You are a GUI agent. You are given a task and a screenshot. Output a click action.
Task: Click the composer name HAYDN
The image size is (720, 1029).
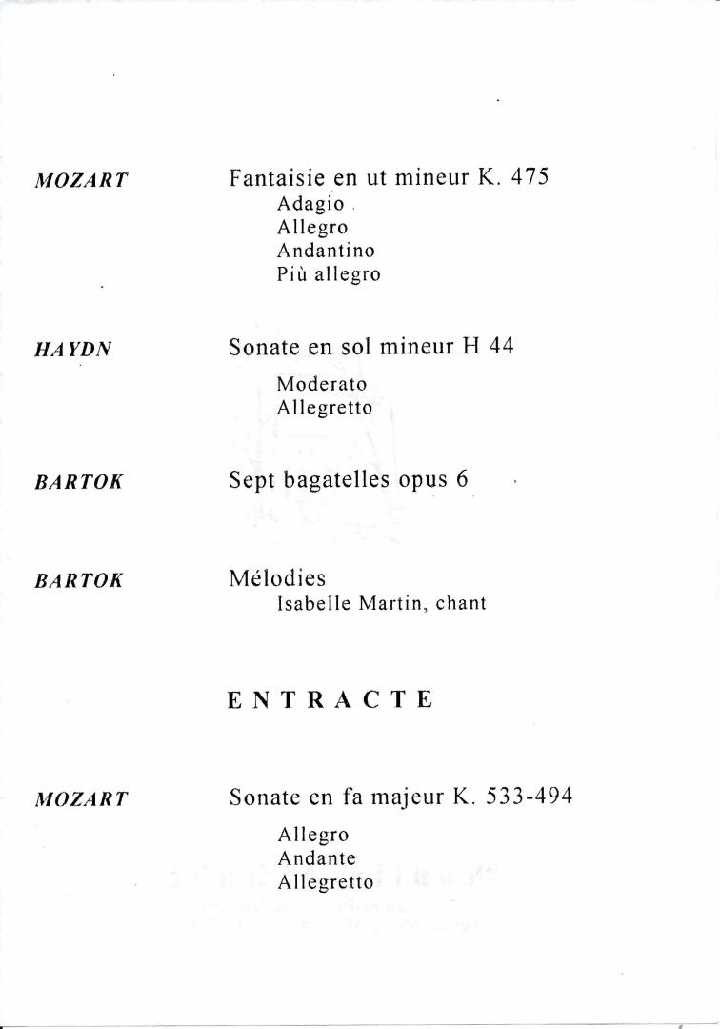coord(73,350)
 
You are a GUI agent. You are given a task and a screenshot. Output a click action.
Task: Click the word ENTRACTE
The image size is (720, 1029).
coord(330,700)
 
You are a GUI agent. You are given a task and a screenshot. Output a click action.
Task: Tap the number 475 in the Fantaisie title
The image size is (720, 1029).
coord(530,177)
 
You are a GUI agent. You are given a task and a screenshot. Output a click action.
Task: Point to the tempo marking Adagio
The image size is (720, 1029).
coord(310,205)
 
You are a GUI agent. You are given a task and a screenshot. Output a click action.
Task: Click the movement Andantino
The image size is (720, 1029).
coord(326,251)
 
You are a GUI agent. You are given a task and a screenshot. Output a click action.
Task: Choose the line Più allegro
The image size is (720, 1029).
coord(329,274)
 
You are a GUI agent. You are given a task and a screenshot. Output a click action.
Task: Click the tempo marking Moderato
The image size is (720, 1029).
coord(322,384)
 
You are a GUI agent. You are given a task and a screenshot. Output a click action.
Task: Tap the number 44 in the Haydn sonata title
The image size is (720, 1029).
coord(501,347)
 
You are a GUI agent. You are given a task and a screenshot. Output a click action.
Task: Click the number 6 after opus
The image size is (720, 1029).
coord(462,479)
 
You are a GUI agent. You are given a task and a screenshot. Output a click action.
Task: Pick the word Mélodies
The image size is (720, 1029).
coord(277,578)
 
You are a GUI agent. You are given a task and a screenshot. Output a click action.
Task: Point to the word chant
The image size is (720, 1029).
coord(461,603)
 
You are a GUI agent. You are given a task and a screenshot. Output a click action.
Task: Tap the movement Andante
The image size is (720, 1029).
coord(317,858)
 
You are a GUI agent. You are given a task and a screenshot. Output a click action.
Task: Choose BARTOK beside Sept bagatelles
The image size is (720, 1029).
coord(79,482)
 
